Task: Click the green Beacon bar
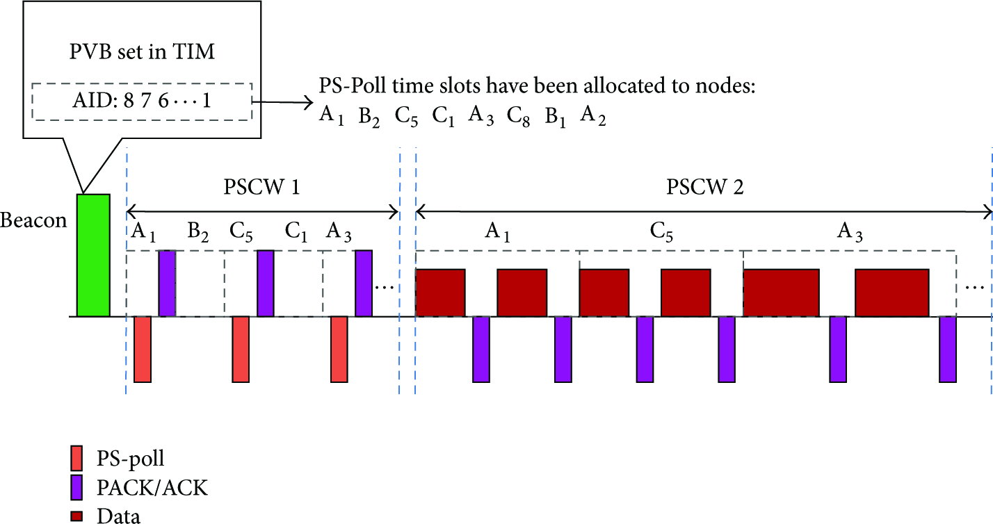[x=93, y=255]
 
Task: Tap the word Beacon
[x=33, y=220]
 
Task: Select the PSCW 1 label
[x=261, y=187]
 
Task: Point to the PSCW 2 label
[x=705, y=187]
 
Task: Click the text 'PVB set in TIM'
[x=142, y=51]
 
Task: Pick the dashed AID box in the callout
[x=142, y=101]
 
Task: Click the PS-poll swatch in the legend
[x=76, y=458]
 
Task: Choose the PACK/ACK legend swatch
[x=76, y=488]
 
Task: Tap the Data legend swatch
[x=76, y=516]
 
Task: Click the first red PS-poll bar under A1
[x=143, y=349]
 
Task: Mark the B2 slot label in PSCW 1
[x=198, y=232]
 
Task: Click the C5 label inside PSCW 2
[x=661, y=232]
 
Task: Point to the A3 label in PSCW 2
[x=850, y=232]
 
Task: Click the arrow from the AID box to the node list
[x=282, y=102]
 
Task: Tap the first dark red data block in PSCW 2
[x=440, y=293]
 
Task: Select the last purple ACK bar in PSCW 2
[x=948, y=349]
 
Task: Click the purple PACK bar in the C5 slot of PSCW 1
[x=266, y=284]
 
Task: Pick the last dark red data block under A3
[x=892, y=293]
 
